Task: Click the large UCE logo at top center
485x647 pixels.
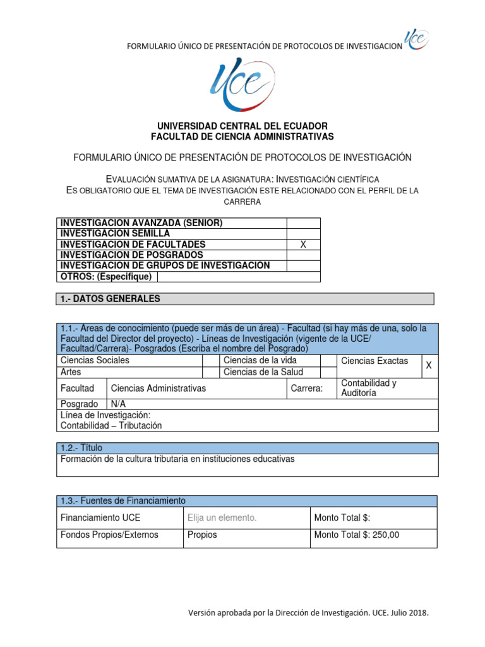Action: (242, 83)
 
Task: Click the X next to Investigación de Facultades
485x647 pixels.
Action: (303, 245)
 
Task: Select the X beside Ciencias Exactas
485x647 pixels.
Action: (429, 366)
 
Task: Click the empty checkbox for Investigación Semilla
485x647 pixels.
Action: (303, 234)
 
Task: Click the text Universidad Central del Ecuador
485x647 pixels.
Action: (242, 126)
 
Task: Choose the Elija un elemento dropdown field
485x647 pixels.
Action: (222, 518)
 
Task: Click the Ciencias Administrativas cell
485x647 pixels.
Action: (159, 389)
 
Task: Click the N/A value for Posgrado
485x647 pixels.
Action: (119, 404)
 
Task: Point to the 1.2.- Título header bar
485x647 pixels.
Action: (246, 447)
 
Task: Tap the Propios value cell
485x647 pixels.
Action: (202, 535)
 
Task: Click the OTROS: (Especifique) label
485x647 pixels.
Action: (105, 277)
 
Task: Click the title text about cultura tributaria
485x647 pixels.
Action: (177, 459)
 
